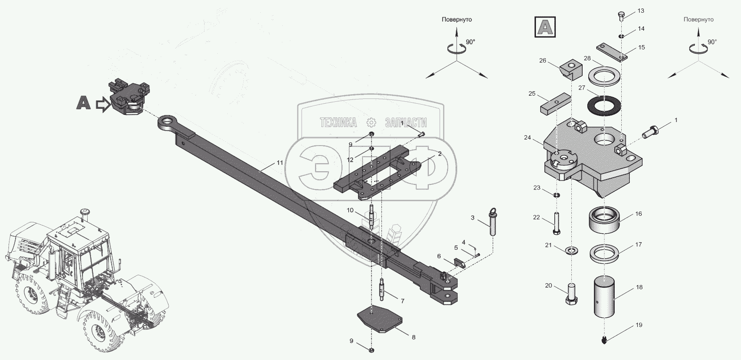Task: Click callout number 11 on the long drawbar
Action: tap(280, 163)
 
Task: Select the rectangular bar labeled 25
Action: tap(556, 105)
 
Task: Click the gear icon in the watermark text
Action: tap(371, 123)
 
